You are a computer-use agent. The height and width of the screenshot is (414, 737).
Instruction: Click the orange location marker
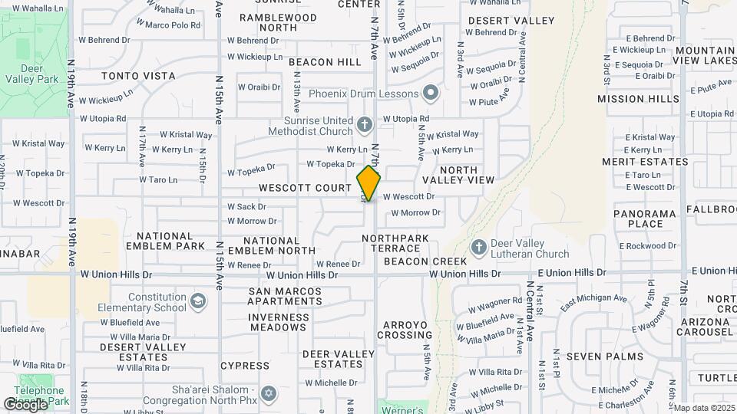(x=369, y=183)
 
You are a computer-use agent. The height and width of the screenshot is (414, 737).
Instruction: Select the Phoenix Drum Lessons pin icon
(x=430, y=94)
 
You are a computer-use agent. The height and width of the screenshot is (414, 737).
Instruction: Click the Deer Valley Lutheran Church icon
(x=479, y=247)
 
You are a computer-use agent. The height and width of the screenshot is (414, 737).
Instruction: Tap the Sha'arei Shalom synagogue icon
(x=268, y=394)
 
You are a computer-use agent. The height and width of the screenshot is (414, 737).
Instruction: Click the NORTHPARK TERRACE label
(x=395, y=244)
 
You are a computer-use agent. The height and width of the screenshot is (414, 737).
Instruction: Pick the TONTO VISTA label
(x=138, y=77)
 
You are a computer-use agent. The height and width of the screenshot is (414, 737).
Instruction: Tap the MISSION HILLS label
(x=638, y=99)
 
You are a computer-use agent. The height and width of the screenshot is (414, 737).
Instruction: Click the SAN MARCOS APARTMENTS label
(x=285, y=296)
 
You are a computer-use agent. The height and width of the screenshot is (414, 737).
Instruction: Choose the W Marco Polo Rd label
(x=173, y=25)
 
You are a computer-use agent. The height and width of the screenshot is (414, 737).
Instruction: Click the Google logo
(x=25, y=404)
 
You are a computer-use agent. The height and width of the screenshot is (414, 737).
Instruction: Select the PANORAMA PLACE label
(x=645, y=219)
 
